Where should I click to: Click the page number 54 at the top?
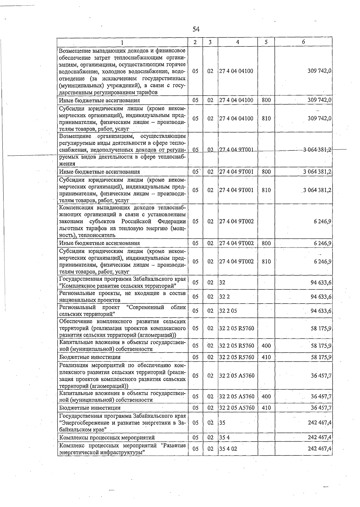196,29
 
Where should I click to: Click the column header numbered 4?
238,42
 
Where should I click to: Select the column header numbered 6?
303,42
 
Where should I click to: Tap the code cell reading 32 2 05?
228,311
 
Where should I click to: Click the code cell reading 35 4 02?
228,449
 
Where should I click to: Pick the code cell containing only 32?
222,282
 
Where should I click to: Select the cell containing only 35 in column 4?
222,423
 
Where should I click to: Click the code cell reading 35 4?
224,437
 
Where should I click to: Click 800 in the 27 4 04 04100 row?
266,100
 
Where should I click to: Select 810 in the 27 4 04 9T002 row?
266,262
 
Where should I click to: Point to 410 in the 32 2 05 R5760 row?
266,357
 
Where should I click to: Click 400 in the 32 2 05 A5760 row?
266,397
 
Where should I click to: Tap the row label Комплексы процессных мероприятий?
107,438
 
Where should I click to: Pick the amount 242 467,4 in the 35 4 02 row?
319,449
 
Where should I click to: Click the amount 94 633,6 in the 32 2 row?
321,297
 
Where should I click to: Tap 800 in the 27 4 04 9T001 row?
266,172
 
